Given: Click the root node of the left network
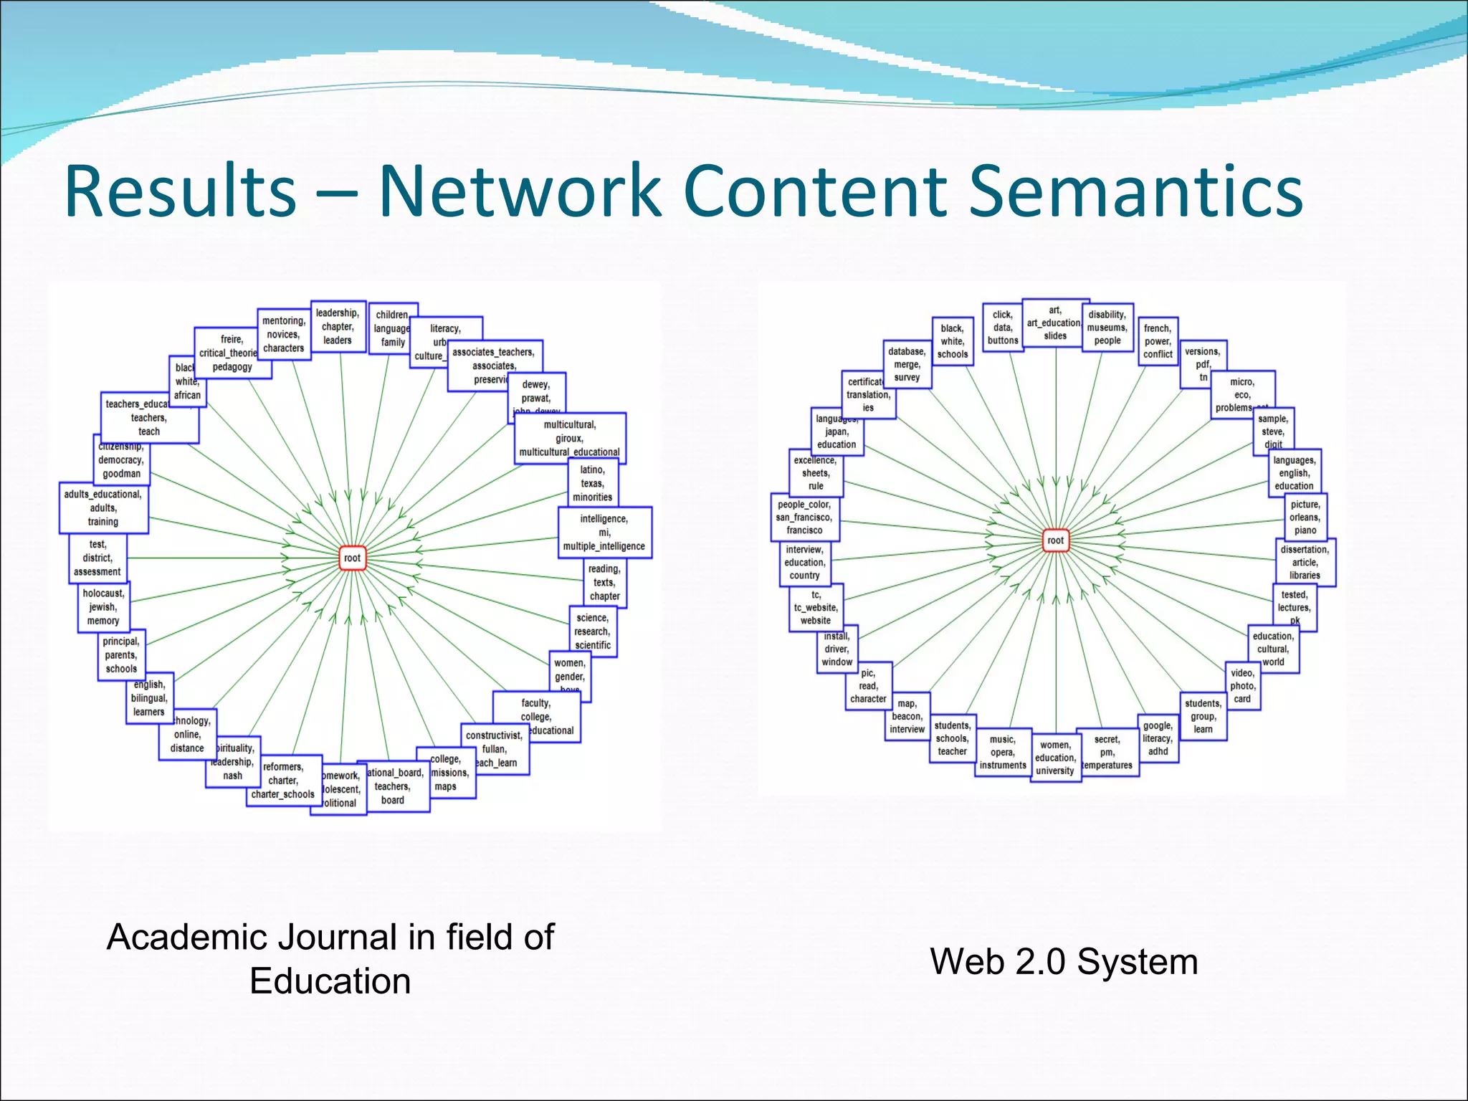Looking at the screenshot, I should click(x=352, y=558).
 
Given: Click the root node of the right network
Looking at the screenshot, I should click(x=1055, y=540).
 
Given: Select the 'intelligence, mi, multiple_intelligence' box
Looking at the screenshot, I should click(x=604, y=533).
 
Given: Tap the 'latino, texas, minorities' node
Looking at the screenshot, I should click(x=592, y=483).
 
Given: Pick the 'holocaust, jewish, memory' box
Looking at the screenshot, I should click(x=103, y=607).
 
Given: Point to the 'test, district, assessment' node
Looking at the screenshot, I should click(x=97, y=558).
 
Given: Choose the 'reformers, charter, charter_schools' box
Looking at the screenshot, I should click(x=283, y=781).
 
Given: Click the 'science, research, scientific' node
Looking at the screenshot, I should click(x=593, y=631).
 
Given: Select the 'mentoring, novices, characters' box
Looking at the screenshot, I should click(x=283, y=335).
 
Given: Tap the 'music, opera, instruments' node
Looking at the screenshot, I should click(x=1002, y=753).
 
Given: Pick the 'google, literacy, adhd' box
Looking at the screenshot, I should click(x=1158, y=738).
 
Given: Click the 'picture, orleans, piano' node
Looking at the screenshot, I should click(x=1305, y=518).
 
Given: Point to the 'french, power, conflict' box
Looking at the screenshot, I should click(x=1158, y=341).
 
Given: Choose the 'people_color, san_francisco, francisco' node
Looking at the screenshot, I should click(x=804, y=518).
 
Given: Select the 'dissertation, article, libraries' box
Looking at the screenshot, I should click(x=1305, y=563).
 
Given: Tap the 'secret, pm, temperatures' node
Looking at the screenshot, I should click(x=1107, y=753).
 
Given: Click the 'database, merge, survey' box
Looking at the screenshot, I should click(x=907, y=364).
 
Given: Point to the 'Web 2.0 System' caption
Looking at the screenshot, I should click(x=1064, y=962).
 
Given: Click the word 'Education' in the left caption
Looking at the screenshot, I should click(x=330, y=981).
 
